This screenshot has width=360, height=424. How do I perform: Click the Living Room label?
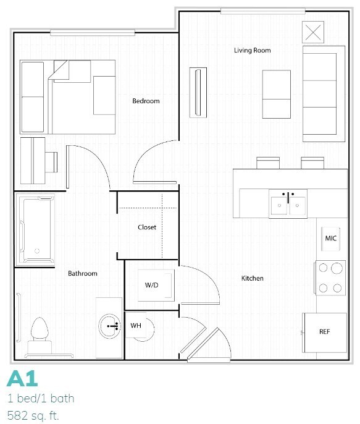pyautogui.click(x=252, y=51)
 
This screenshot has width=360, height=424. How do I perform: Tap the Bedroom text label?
pyautogui.click(x=146, y=101)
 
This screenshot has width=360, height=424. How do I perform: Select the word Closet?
pyautogui.click(x=147, y=227)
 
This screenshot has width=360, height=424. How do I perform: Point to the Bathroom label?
pyautogui.click(x=82, y=273)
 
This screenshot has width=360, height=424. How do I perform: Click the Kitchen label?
pyautogui.click(x=252, y=279)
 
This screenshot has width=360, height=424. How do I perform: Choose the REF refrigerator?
pyautogui.click(x=324, y=332)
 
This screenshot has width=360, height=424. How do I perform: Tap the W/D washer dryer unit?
pyautogui.click(x=152, y=286)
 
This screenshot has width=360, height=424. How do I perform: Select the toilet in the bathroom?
pyautogui.click(x=39, y=334)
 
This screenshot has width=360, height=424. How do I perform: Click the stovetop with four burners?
pyautogui.click(x=330, y=278)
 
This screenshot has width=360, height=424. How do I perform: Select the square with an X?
pyautogui.click(x=313, y=32)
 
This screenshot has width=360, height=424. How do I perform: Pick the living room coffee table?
pyautogui.click(x=276, y=94)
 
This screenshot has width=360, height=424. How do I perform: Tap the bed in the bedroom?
pyautogui.click(x=68, y=96)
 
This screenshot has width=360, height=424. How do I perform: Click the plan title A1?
pyautogui.click(x=21, y=378)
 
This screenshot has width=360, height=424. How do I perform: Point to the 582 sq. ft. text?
pyautogui.click(x=33, y=415)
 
